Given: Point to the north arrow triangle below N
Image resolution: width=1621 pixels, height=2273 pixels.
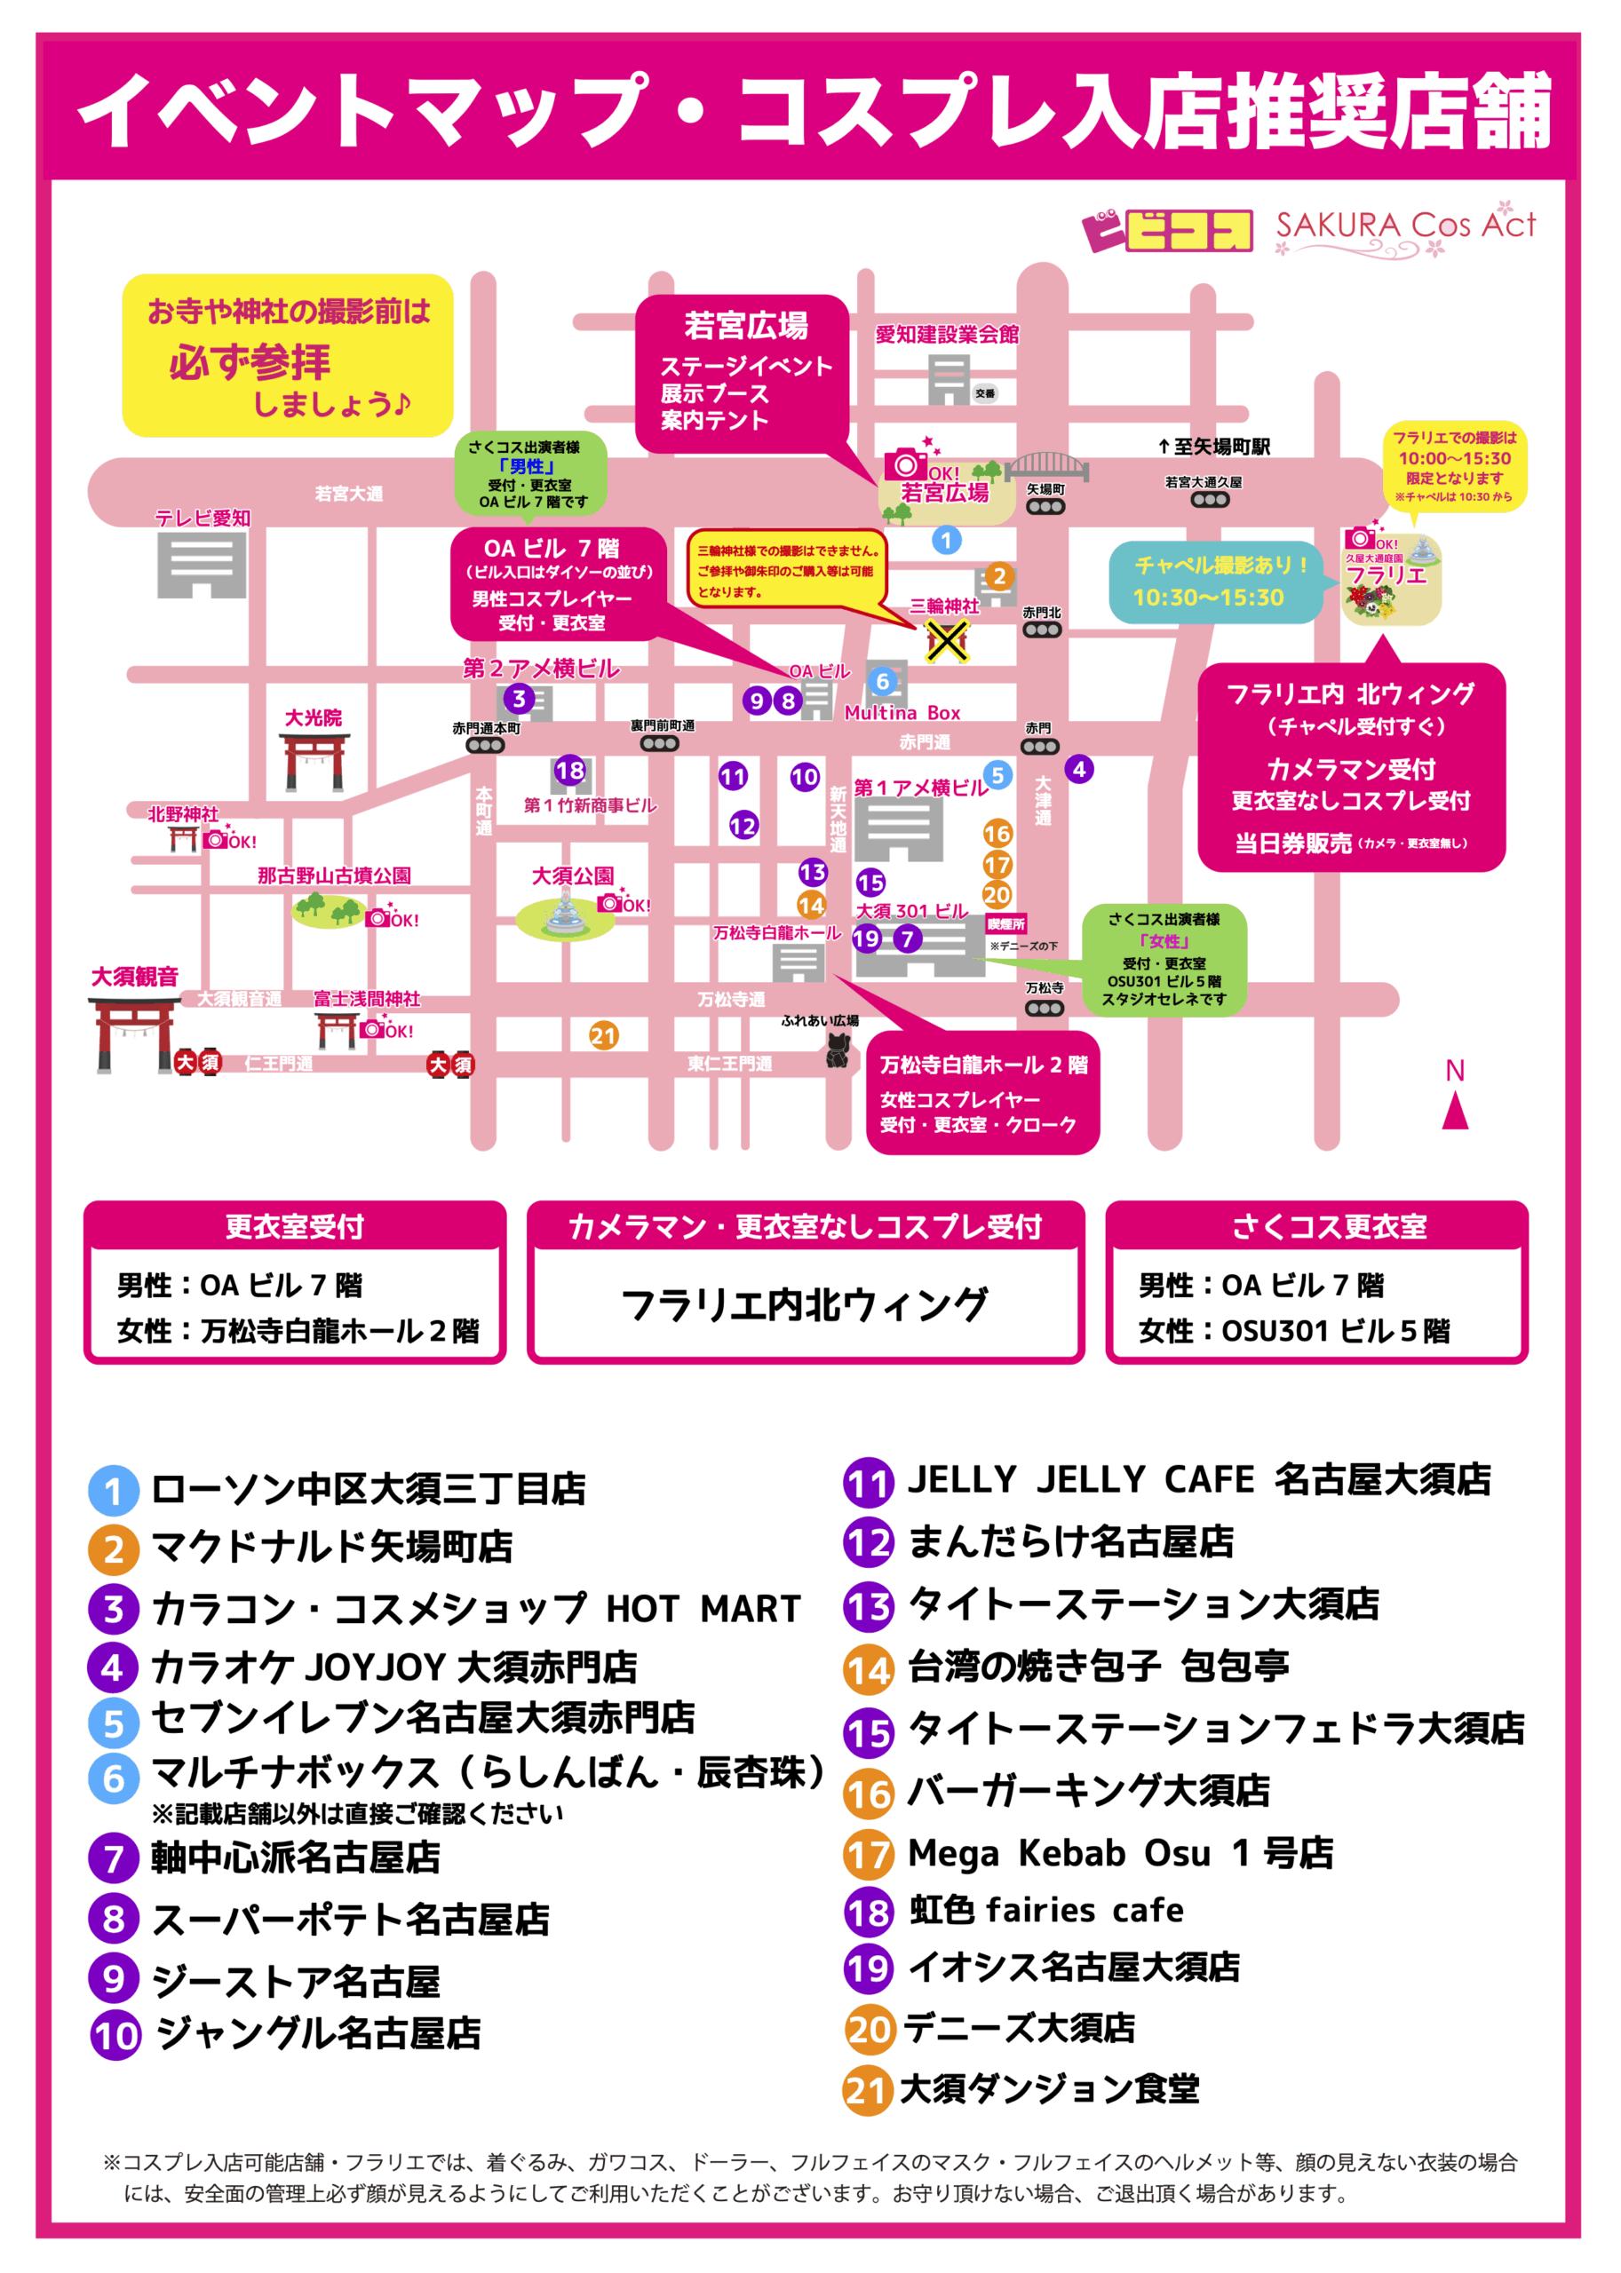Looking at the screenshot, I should pyautogui.click(x=1455, y=1111).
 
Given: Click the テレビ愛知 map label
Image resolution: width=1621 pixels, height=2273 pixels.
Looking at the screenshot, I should pyautogui.click(x=203, y=518).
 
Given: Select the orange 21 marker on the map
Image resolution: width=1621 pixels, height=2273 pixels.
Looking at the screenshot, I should pyautogui.click(x=603, y=1035).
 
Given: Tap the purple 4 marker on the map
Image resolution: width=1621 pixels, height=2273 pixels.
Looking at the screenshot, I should pyautogui.click(x=1079, y=769).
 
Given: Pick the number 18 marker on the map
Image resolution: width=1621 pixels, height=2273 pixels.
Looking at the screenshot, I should pyautogui.click(x=570, y=771).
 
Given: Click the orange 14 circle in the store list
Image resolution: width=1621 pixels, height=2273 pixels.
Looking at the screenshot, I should pyautogui.click(x=869, y=1669).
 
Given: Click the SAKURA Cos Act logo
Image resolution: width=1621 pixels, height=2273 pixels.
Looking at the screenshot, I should pyautogui.click(x=1405, y=229).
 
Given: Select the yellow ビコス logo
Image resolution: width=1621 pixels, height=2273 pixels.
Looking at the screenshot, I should pyautogui.click(x=1170, y=231).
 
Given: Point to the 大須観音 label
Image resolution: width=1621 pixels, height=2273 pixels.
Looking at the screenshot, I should pyautogui.click(x=135, y=977).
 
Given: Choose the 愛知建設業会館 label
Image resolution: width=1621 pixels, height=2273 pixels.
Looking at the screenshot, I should pyautogui.click(x=946, y=334).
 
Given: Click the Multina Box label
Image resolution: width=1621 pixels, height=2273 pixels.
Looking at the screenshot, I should pyautogui.click(x=902, y=712).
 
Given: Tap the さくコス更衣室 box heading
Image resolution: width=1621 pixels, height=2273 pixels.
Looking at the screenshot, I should pyautogui.click(x=1329, y=1226).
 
